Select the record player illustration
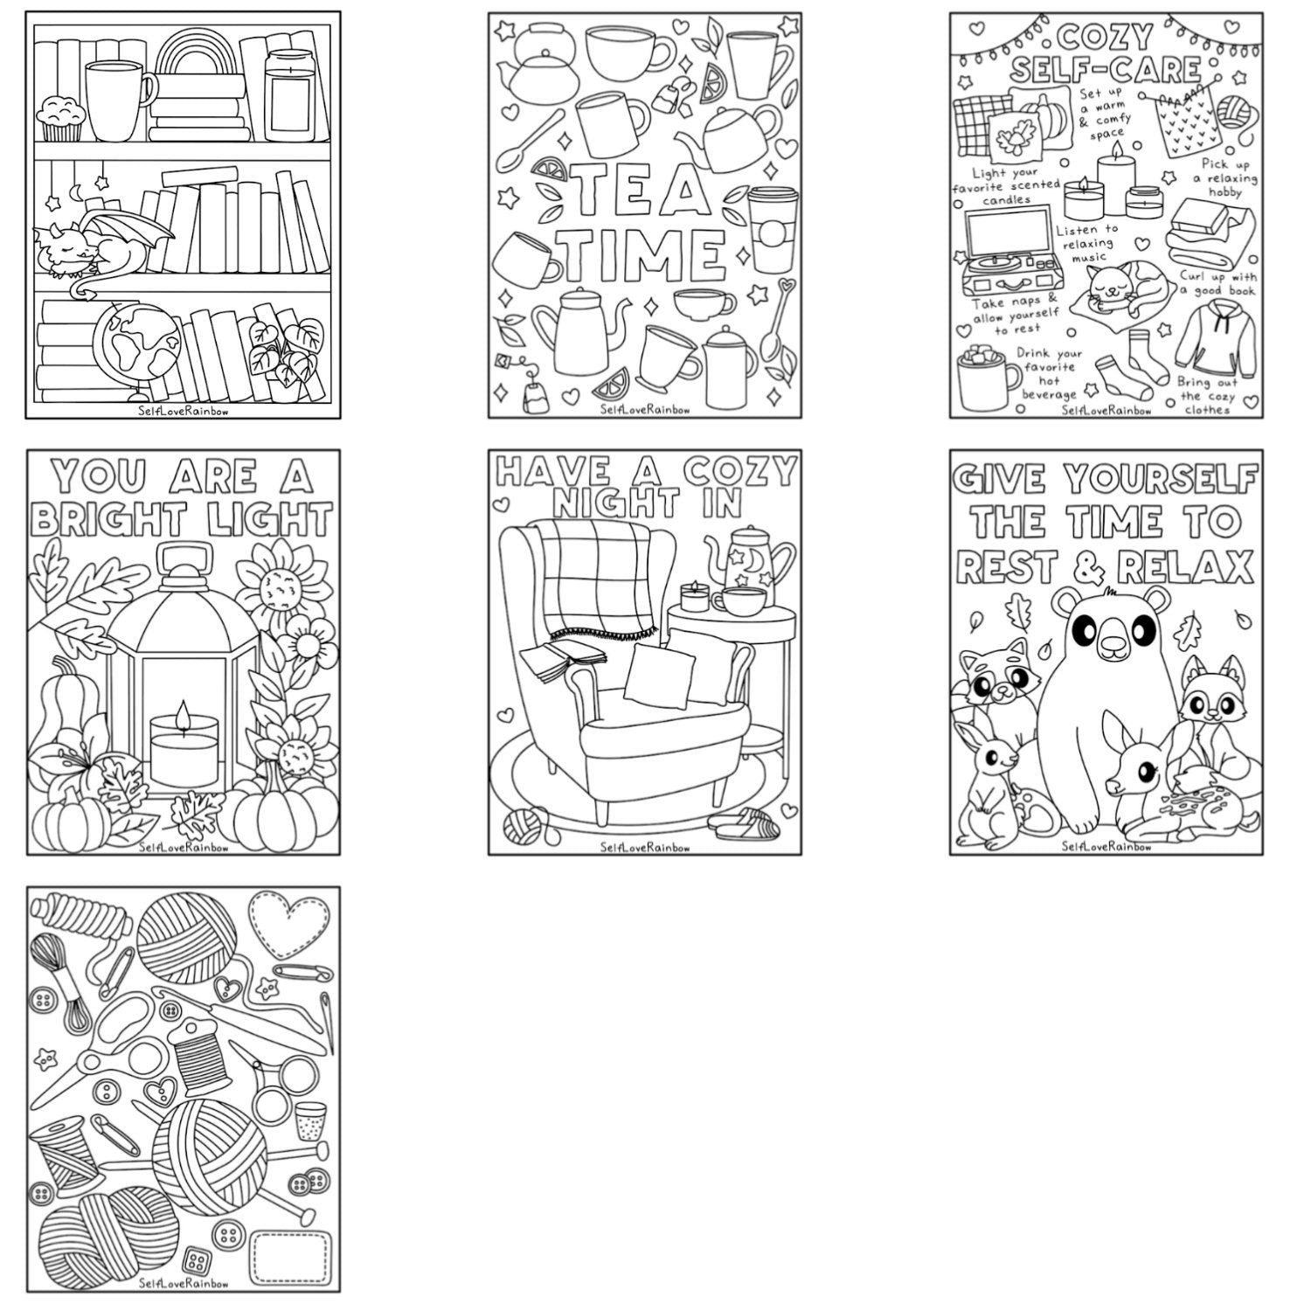1005,253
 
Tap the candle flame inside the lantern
183,714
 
